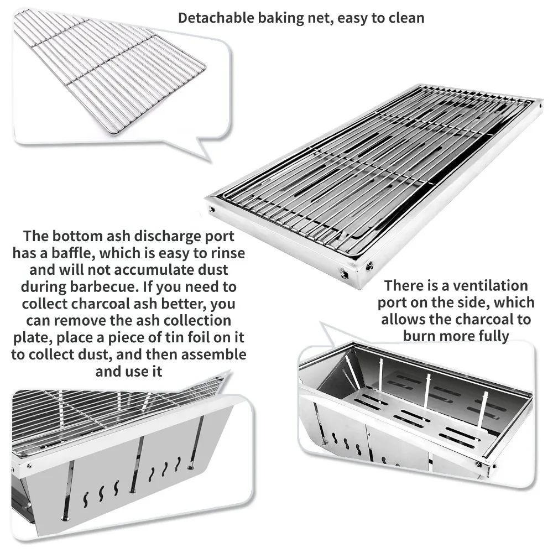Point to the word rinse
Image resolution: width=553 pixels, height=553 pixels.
[x=228, y=253]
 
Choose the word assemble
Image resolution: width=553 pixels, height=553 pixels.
[x=213, y=354]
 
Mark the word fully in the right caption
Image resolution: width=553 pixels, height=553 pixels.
[x=494, y=336]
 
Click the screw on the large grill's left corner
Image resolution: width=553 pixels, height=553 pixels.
[x=212, y=209]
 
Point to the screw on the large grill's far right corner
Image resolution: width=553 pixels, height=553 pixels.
[x=541, y=105]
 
